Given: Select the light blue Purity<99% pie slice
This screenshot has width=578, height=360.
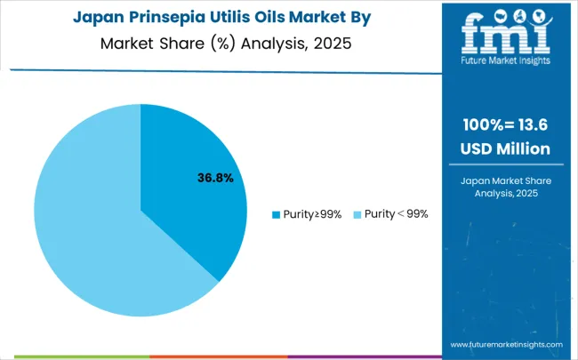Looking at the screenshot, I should [98, 222].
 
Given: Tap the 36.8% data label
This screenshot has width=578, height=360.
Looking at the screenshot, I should [215, 178].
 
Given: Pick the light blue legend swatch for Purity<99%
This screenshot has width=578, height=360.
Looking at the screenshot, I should [357, 214].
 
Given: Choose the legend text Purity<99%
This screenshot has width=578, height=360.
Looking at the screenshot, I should [395, 214].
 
